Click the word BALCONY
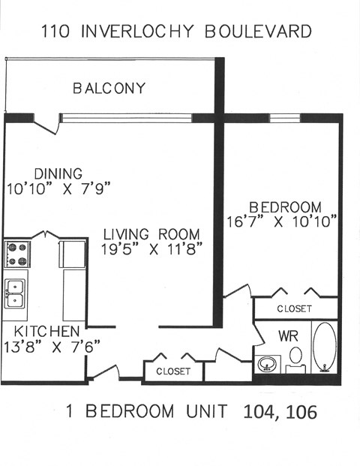[109, 89]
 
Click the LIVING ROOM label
[151, 233]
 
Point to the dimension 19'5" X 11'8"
[153, 249]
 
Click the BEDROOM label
[285, 207]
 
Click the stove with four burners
[16, 254]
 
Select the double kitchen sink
[15, 293]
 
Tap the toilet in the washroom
[296, 356]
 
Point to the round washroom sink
[265, 365]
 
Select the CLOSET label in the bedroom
[294, 308]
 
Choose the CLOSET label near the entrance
[172, 371]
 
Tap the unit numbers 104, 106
[280, 412]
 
